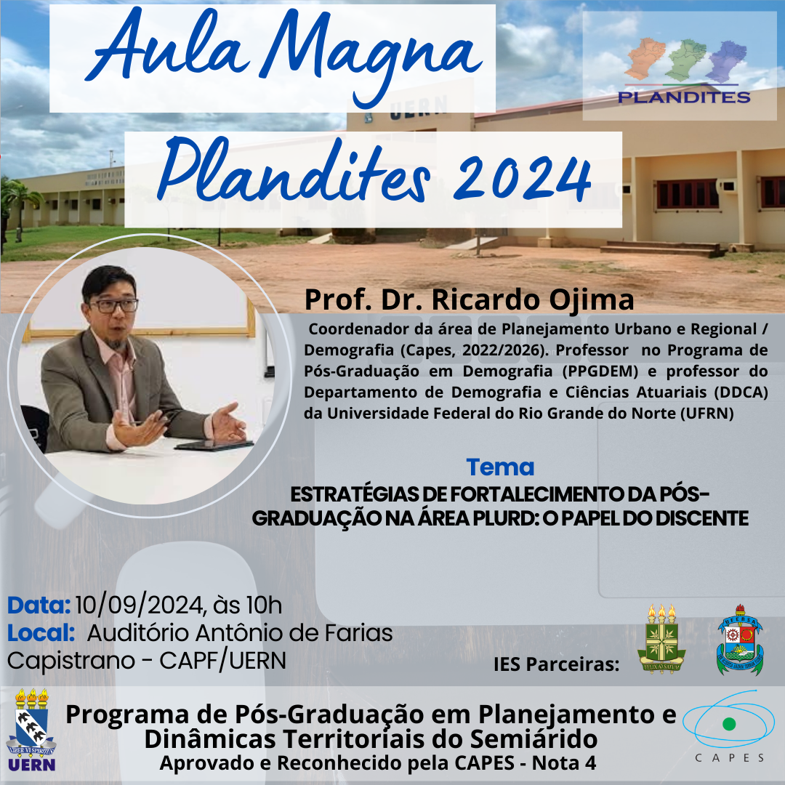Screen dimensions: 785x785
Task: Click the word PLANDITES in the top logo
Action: point(684,97)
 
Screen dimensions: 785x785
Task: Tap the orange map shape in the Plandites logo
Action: point(645,59)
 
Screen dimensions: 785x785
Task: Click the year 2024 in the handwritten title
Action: point(522,178)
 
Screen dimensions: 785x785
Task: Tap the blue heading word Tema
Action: point(500,467)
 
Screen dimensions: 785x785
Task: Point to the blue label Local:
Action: point(41,633)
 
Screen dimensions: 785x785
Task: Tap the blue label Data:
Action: point(39,605)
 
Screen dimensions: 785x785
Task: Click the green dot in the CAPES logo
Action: point(730,723)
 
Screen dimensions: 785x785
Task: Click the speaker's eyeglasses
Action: point(113,305)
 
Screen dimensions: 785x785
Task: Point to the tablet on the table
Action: point(214,445)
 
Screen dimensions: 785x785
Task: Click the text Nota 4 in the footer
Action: point(564,763)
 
